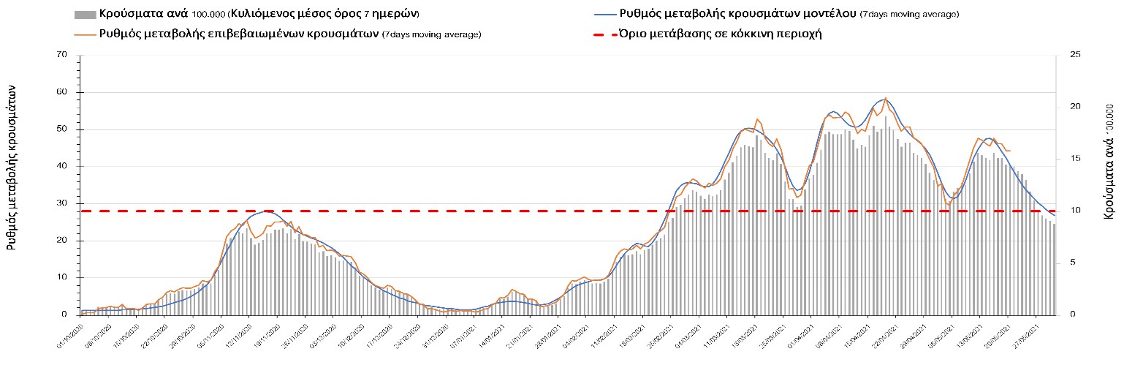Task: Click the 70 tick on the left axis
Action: coord(61,56)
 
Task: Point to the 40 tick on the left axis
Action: coord(61,167)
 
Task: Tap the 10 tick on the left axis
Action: coord(61,278)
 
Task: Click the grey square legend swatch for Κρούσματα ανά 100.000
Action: coord(85,15)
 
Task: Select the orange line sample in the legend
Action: coord(85,34)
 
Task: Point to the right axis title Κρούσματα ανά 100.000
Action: coord(1109,161)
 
